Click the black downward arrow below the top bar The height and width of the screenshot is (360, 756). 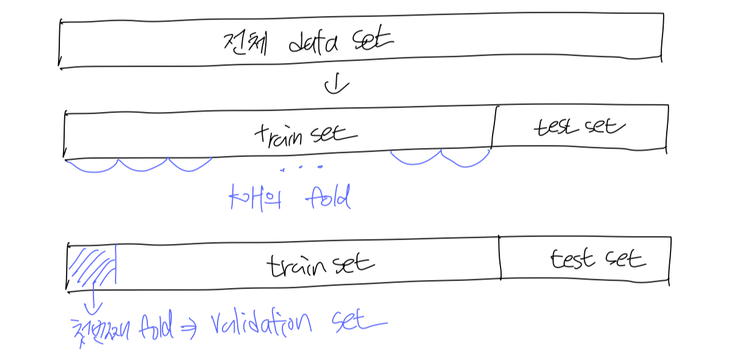point(336,86)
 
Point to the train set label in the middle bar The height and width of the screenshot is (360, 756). point(304,134)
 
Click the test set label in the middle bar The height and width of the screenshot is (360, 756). point(579,127)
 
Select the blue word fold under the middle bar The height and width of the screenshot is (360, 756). point(327,198)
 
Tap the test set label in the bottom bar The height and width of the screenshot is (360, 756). point(597,259)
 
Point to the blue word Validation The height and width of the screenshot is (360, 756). point(262,321)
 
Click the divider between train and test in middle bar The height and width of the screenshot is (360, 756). point(493,127)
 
